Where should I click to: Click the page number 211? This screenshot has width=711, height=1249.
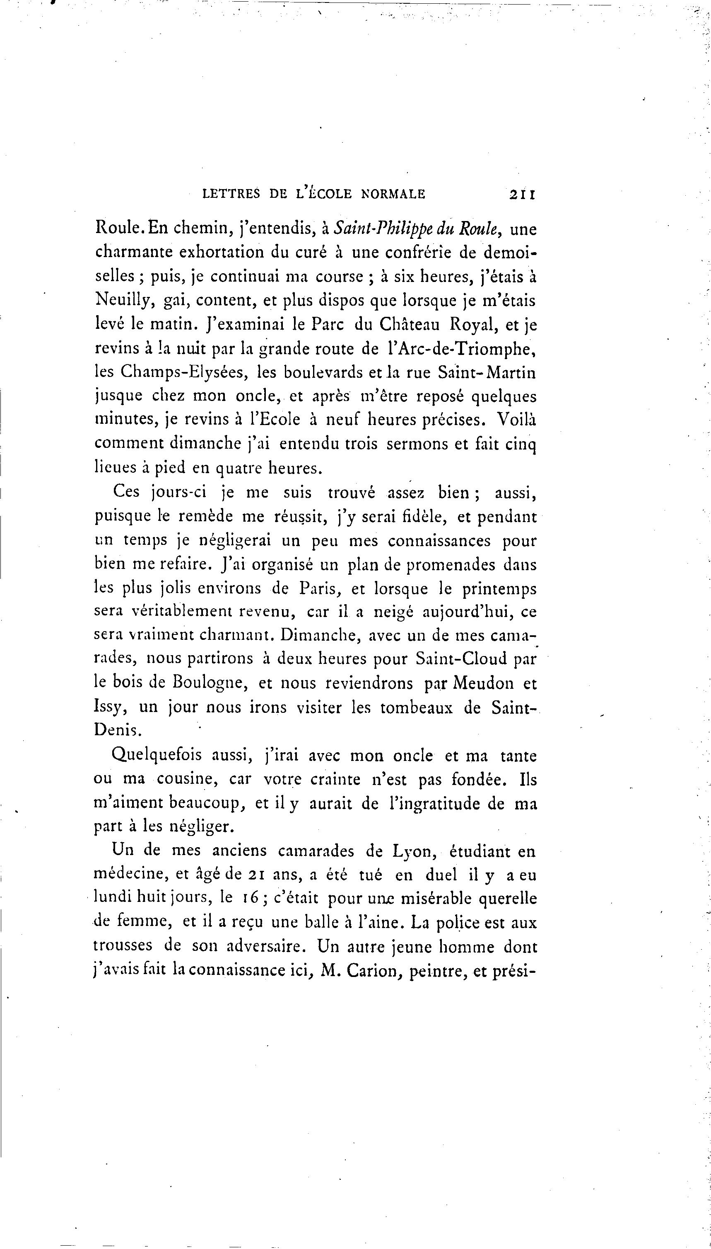(x=522, y=194)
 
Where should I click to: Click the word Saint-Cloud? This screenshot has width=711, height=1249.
(x=461, y=659)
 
